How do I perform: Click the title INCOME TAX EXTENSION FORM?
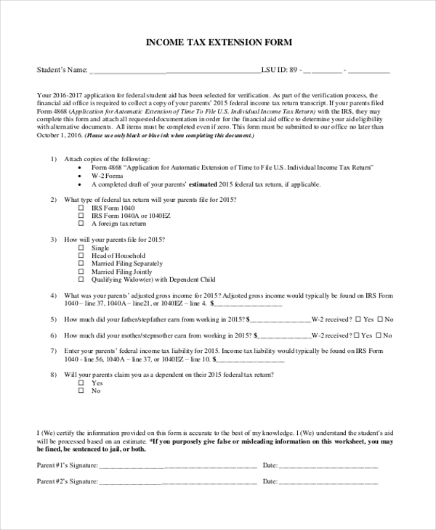coord(219,43)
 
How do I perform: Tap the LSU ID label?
coord(274,70)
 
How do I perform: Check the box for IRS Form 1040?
coord(81,208)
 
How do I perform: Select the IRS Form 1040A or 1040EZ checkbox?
coord(81,216)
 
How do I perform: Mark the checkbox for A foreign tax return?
coord(81,224)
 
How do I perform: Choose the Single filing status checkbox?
coord(81,248)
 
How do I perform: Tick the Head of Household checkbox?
coord(81,256)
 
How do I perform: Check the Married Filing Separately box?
coord(81,264)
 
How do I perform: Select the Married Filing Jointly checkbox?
coord(81,272)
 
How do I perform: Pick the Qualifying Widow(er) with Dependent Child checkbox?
coord(81,280)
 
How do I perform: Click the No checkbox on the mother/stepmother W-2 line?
coord(379,335)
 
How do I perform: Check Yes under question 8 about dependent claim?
coord(81,383)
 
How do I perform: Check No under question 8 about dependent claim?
coord(81,391)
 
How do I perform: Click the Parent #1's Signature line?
coord(178,465)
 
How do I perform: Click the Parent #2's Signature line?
coord(178,481)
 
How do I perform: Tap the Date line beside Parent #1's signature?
coord(328,465)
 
